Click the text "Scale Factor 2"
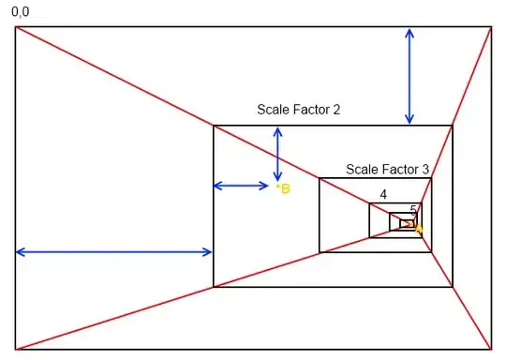point(298,110)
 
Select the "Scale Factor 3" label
point(387,170)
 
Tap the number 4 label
point(383,195)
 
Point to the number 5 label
point(413,210)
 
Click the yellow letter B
point(285,188)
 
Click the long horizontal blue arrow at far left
point(113,251)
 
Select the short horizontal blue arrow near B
point(241,186)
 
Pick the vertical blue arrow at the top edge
point(409,76)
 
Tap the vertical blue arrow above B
point(277,155)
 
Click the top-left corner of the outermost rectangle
point(15,27)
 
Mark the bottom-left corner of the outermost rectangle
point(15,350)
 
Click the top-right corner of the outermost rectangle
point(490,27)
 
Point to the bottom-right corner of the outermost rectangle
point(490,350)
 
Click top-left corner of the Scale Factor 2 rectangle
point(214,126)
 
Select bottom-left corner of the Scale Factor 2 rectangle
point(214,287)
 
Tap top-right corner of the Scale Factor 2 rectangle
point(453,126)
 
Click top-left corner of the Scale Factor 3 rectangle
point(320,179)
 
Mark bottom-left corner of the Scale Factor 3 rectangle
point(320,252)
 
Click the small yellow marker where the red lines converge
point(419,227)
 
